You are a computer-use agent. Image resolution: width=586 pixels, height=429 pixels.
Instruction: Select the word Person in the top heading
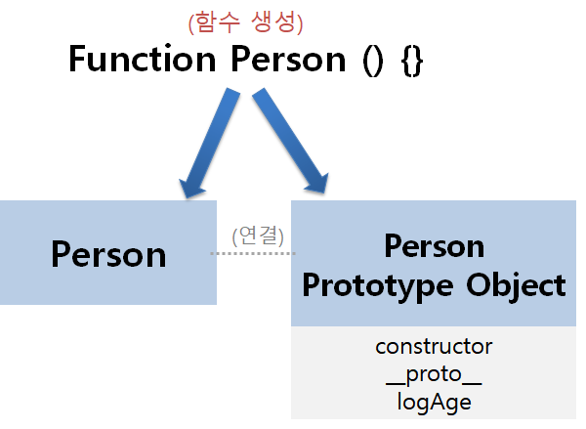tap(289, 60)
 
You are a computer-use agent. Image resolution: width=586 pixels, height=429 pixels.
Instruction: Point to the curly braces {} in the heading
tap(411, 61)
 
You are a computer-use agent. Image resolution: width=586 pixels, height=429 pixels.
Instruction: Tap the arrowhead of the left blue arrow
tap(190, 185)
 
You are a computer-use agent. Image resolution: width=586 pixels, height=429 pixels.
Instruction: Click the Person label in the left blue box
tap(108, 254)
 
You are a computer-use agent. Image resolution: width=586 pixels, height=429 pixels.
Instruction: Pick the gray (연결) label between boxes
tap(258, 235)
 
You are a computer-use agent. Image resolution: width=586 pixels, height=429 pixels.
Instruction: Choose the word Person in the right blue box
tap(434, 244)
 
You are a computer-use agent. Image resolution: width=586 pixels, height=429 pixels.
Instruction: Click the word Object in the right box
tap(517, 284)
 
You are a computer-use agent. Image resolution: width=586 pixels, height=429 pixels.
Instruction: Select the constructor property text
tap(434, 346)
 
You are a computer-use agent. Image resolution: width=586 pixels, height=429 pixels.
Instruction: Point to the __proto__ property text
tap(434, 373)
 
